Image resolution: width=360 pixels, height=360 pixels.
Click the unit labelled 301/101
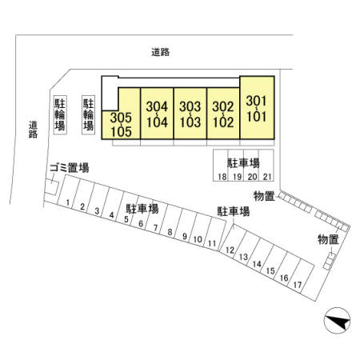(257, 108)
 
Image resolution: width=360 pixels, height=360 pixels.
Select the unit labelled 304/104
(157, 114)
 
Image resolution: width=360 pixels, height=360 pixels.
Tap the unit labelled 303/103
(190, 114)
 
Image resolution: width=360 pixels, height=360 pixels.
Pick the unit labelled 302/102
(223, 114)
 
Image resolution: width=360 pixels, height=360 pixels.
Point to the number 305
(121, 118)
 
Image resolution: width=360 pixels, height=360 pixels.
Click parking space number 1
(66, 190)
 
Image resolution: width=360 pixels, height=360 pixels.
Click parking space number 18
(221, 166)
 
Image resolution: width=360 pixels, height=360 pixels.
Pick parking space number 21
(266, 166)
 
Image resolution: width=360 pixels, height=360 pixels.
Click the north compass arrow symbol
(337, 321)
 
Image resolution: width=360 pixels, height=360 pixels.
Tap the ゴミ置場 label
(70, 168)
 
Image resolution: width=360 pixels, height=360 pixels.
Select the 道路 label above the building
(161, 52)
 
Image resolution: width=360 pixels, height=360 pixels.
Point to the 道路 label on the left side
(33, 130)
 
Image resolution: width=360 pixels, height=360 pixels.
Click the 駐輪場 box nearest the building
(88, 114)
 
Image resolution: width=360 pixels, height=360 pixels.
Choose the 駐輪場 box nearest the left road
(60, 114)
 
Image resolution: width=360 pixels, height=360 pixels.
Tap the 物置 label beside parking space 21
(264, 196)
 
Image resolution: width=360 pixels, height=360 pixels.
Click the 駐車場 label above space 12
(234, 211)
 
